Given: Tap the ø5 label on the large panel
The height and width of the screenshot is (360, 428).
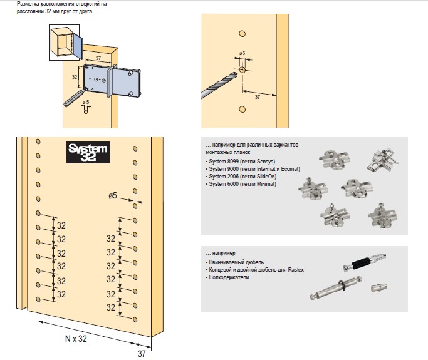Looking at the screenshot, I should [113, 197].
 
